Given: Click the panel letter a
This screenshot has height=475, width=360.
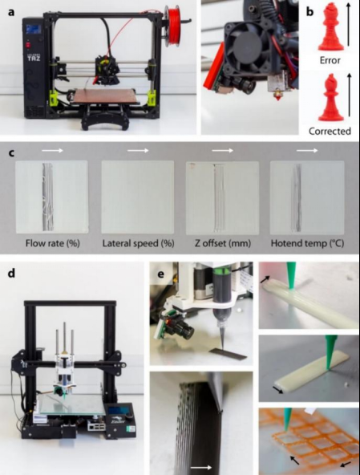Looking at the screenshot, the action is point(11,12).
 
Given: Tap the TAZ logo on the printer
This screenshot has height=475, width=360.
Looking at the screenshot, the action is point(34,57).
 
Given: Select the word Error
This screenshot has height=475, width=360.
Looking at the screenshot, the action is point(330,60).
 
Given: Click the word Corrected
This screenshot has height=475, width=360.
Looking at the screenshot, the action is point(330,131).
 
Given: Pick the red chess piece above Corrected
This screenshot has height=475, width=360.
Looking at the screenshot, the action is point(330,98).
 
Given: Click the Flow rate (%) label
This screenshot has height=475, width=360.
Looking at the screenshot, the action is point(52,243).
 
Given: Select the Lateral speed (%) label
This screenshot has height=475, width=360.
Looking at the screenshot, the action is point(138,243).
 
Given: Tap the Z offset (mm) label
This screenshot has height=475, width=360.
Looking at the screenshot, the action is point(223,243).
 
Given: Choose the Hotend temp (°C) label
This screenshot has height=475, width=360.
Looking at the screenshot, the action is point(307,243).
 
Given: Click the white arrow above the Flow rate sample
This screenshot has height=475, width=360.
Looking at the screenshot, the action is point(52,150).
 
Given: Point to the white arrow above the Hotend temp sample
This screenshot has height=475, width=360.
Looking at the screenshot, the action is point(307,150).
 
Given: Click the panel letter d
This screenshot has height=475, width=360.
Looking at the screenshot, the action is point(11,273).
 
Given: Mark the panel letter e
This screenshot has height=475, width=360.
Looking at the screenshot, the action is point(161,274).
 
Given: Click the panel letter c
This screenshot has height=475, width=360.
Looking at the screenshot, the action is point(11,152).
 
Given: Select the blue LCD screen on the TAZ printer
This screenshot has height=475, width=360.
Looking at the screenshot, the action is point(34,30).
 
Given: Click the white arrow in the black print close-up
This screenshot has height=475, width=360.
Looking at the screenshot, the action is point(201,468).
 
